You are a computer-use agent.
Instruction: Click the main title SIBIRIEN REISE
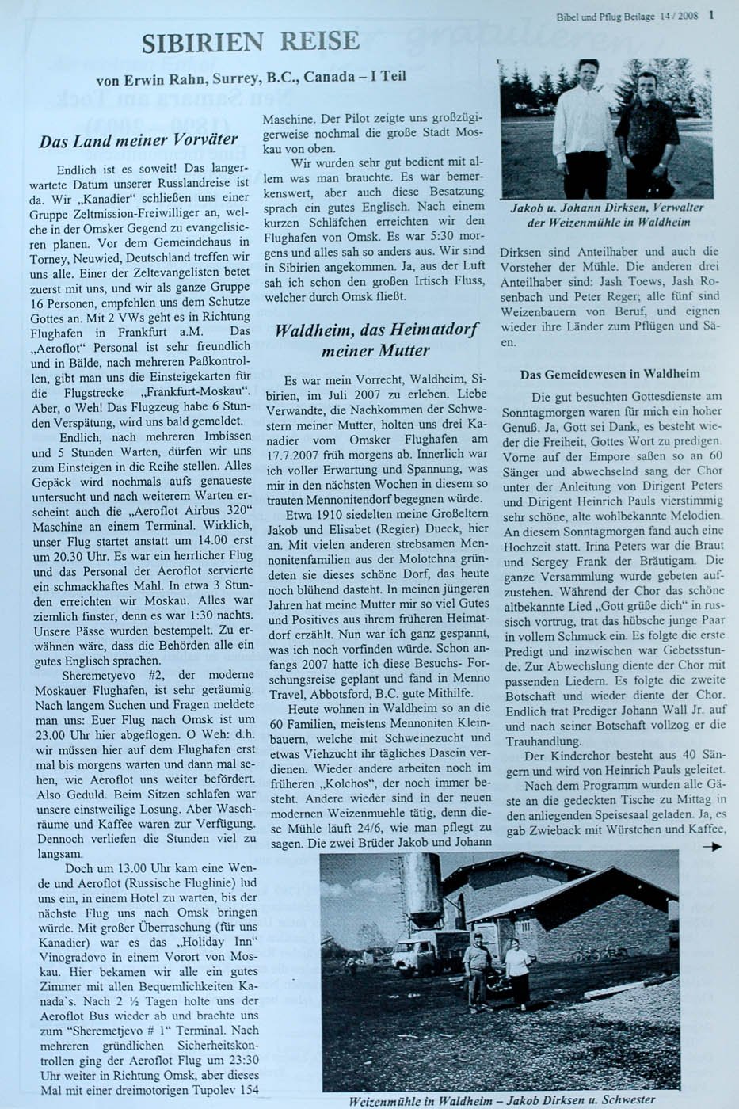pyautogui.click(x=250, y=41)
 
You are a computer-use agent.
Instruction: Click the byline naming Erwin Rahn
pyautogui.click(x=250, y=80)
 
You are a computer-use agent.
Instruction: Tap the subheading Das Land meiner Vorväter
pyautogui.click(x=139, y=142)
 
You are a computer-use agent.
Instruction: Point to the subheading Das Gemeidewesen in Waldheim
pyautogui.click(x=610, y=373)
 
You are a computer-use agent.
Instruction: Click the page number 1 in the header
pyautogui.click(x=711, y=13)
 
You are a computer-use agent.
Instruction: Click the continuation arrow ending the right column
pyautogui.click(x=712, y=847)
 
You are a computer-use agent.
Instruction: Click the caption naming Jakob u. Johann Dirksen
pyautogui.click(x=608, y=214)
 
